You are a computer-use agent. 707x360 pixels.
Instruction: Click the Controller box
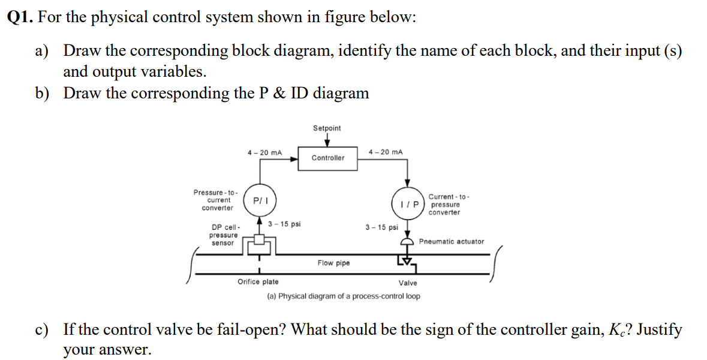click(327, 158)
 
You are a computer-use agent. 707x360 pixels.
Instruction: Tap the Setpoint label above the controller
click(327, 128)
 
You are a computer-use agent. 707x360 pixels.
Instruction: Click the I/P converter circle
click(407, 200)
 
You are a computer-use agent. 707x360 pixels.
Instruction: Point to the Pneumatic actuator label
click(452, 242)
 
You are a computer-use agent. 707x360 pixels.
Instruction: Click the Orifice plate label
click(258, 281)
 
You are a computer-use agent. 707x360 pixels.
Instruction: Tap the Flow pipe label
click(333, 263)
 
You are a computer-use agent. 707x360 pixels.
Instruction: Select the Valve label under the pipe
click(408, 282)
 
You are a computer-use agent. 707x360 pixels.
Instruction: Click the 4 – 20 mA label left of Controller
click(264, 152)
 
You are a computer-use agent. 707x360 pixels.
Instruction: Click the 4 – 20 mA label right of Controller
click(386, 152)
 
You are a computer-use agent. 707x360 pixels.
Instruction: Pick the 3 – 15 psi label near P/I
click(284, 224)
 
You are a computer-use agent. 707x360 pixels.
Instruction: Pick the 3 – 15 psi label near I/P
click(381, 227)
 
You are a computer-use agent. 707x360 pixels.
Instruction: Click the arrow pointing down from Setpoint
click(327, 140)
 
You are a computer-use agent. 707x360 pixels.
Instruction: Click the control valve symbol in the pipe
click(407, 259)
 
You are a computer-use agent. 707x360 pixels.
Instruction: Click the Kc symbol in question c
click(621, 330)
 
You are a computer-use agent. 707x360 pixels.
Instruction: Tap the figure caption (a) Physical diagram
click(343, 296)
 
